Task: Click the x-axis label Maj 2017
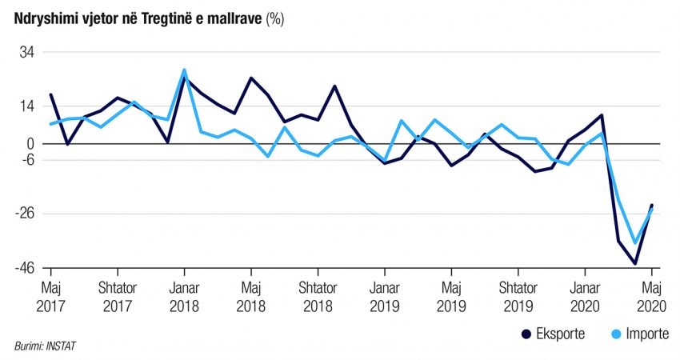(51, 295)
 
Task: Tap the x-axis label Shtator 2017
(118, 295)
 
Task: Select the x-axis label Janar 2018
(184, 295)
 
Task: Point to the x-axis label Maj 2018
(251, 295)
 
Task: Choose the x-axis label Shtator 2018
(318, 295)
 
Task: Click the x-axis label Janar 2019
(385, 295)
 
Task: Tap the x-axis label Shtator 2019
(518, 295)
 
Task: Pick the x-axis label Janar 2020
(585, 295)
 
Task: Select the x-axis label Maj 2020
(652, 295)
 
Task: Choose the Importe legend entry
(636, 334)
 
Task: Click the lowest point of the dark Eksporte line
(635, 263)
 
